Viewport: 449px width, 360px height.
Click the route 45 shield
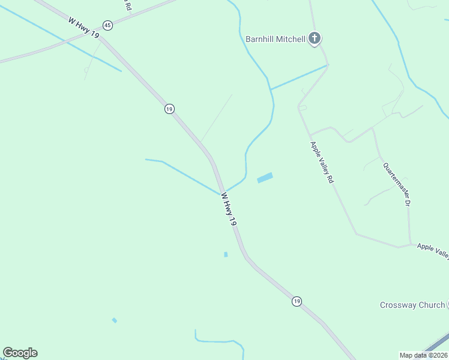click(x=107, y=25)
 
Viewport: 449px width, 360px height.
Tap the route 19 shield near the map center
click(x=169, y=109)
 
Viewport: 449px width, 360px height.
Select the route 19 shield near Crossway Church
click(x=297, y=301)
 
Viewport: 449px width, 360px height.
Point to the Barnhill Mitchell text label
click(x=276, y=39)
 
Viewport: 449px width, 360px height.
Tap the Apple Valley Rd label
click(x=321, y=162)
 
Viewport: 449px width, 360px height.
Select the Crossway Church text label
click(x=412, y=305)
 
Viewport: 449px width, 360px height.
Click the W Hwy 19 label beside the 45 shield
click(x=83, y=28)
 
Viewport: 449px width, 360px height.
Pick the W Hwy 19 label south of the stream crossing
click(x=229, y=209)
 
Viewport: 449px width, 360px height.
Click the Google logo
click(x=20, y=353)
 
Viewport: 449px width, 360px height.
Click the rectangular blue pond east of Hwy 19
click(x=265, y=178)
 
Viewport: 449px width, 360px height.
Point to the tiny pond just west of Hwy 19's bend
click(x=226, y=254)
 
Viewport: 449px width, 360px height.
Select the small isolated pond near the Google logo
click(x=114, y=320)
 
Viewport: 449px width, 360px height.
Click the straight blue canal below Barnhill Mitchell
click(x=299, y=77)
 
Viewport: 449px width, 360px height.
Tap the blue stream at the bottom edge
click(x=216, y=342)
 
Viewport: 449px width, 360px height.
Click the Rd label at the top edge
click(x=128, y=6)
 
